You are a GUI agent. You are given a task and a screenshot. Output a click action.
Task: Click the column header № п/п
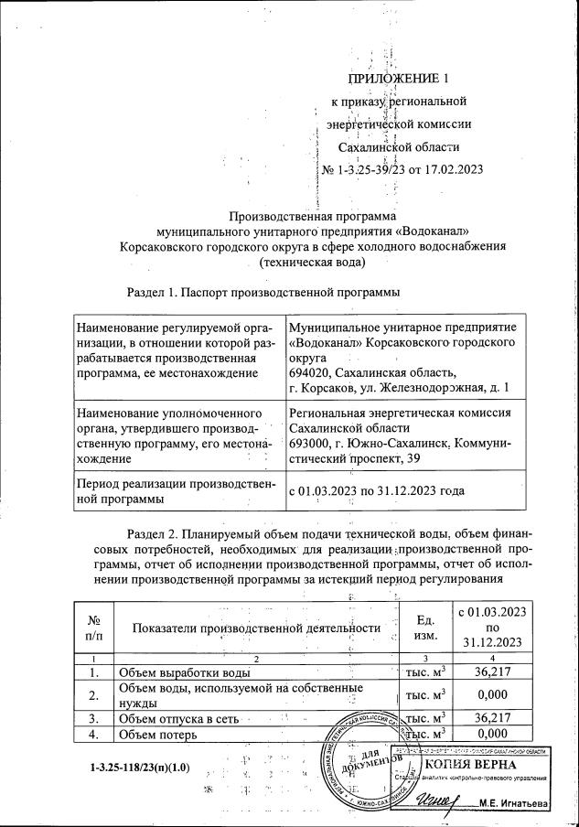coord(92,627)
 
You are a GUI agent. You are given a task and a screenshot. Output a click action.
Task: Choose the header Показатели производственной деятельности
coord(255,628)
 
